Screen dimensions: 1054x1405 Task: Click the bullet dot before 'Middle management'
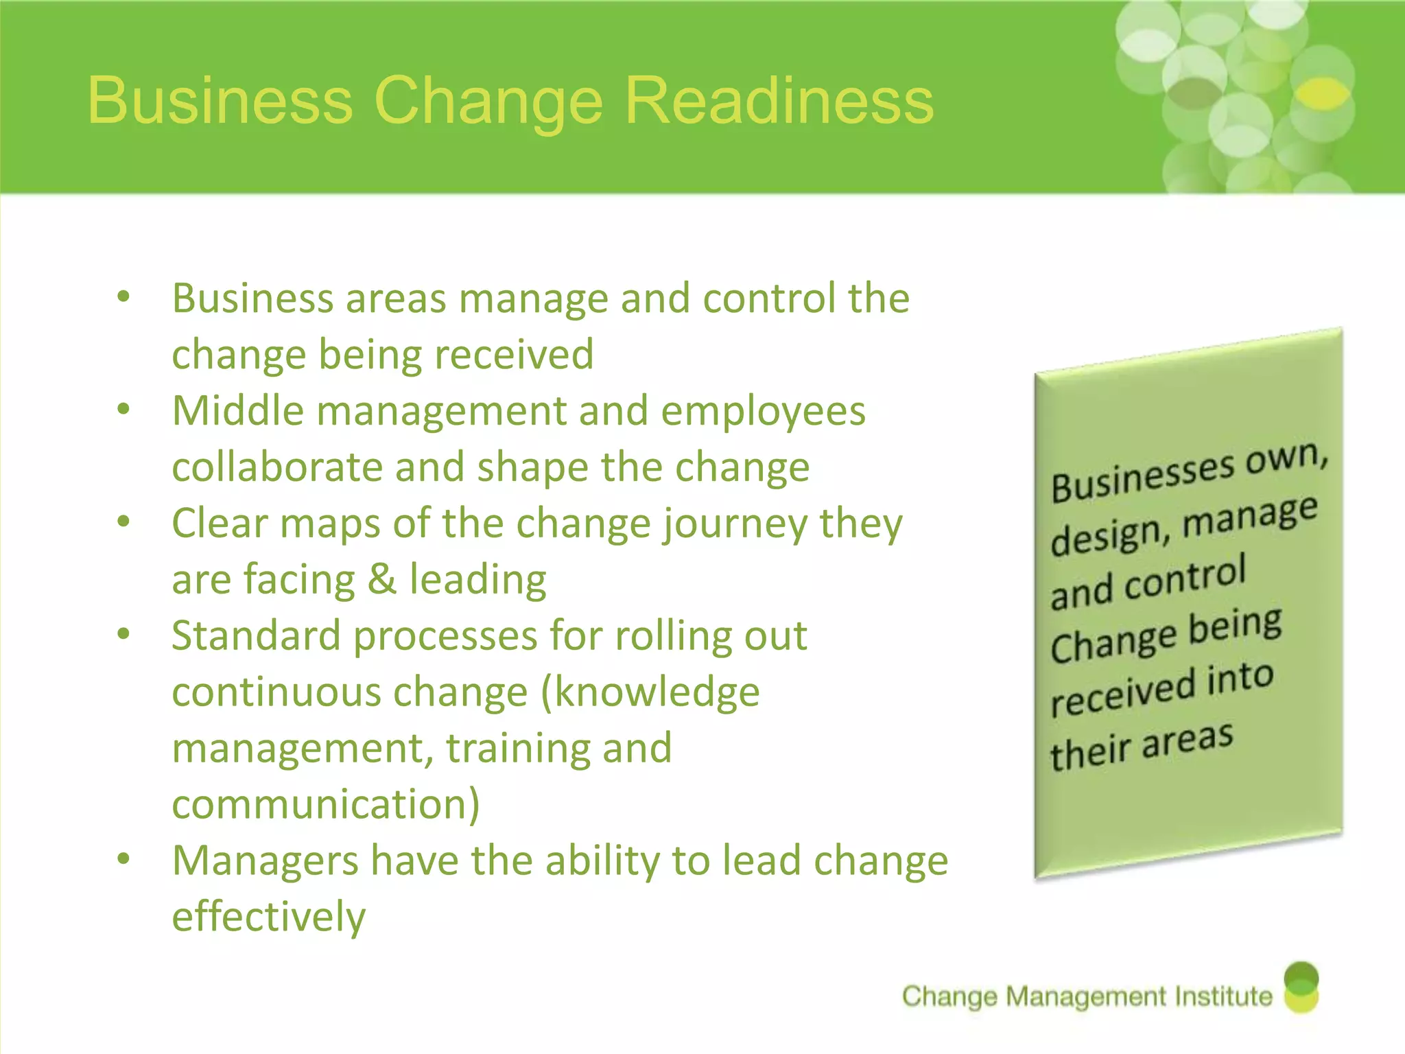pyautogui.click(x=123, y=410)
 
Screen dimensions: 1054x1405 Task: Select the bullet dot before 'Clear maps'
pyautogui.click(x=123, y=522)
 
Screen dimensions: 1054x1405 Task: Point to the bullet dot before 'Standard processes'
pyautogui.click(x=123, y=634)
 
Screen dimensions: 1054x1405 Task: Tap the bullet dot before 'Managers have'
pyautogui.click(x=123, y=859)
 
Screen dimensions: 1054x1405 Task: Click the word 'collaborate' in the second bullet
pyautogui.click(x=277, y=467)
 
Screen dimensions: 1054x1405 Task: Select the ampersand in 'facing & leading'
pyautogui.click(x=382, y=579)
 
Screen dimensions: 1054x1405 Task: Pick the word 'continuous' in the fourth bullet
pyautogui.click(x=276, y=692)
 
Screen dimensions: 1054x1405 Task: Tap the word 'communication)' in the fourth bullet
pyautogui.click(x=326, y=804)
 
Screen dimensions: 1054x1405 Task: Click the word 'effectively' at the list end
pyautogui.click(x=269, y=917)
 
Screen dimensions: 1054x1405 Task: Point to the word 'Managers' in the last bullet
pyautogui.click(x=265, y=862)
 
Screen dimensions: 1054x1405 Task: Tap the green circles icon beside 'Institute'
pyautogui.click(x=1301, y=987)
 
